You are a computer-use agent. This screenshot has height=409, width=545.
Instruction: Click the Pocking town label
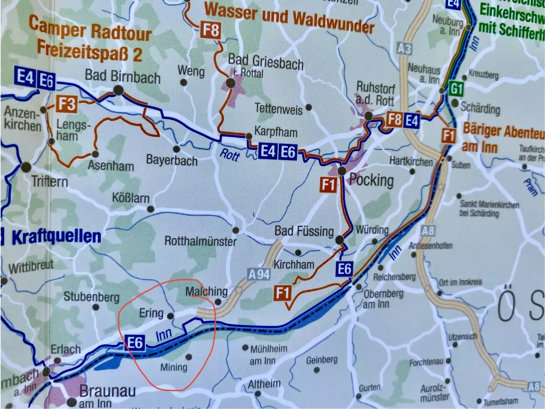[x=372, y=180]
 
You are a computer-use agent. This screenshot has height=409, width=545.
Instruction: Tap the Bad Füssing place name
[x=304, y=231]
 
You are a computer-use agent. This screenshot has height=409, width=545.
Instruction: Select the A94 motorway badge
[x=259, y=274]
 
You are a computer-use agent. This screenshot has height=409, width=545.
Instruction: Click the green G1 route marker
[x=456, y=89]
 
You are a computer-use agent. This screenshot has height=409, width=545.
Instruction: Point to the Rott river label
[x=230, y=154]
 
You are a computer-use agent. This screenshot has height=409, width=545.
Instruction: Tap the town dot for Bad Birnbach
[x=118, y=90]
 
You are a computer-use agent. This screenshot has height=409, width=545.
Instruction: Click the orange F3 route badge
[x=67, y=104]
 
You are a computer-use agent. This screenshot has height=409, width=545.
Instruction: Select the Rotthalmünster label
[x=200, y=241]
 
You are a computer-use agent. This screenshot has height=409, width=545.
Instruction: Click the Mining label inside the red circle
[x=174, y=367]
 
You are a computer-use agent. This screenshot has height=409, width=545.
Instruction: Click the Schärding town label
[x=480, y=109]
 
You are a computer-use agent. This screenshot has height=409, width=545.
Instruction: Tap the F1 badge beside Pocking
[x=328, y=185]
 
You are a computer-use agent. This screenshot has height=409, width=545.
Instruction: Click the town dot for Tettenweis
[x=309, y=107]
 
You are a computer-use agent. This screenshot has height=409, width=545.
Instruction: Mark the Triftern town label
[x=50, y=182]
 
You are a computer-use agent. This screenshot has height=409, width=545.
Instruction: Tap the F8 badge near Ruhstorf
[x=394, y=120]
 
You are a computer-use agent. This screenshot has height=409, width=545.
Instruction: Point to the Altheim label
[x=264, y=384]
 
